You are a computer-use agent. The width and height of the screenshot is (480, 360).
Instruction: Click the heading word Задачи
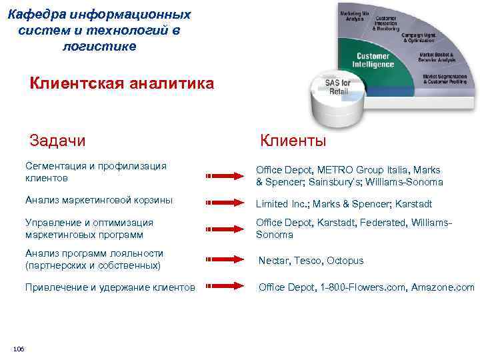coord(57,141)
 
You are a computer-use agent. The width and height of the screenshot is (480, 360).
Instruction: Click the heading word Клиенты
coord(293,141)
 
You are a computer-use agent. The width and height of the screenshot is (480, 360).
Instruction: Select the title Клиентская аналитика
coord(122,84)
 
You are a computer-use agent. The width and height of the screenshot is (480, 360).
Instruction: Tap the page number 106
coord(19,349)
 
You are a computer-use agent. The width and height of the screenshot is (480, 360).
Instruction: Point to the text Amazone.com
coord(443,287)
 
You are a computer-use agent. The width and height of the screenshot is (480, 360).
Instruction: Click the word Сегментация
coord(55,165)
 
